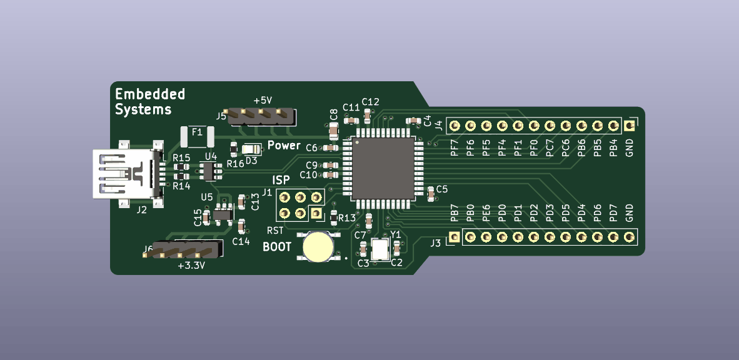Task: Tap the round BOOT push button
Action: coord(318,246)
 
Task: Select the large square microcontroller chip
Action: coord(383,168)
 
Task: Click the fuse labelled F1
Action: coord(197,137)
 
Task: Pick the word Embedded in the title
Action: coord(150,94)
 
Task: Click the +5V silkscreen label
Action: coord(263,101)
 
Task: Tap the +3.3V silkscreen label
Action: coord(191,266)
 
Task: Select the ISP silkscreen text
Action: coord(281,180)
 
